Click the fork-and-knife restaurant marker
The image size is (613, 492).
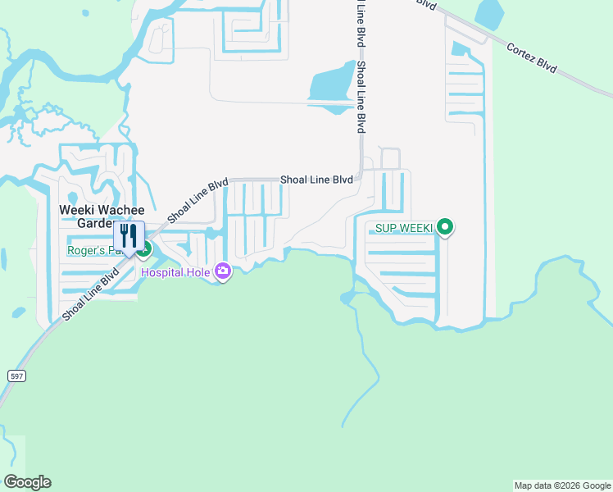[129, 236]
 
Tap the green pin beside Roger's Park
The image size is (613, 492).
[144, 247]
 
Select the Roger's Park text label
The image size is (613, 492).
[90, 251]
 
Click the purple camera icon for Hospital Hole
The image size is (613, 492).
[222, 271]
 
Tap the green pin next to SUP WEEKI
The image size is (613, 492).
[445, 227]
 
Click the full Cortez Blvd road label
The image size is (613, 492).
[532, 58]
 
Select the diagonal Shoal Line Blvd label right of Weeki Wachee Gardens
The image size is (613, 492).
[197, 202]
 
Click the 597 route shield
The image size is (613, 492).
[16, 375]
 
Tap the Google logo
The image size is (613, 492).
[27, 482]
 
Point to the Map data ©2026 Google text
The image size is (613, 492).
[562, 485]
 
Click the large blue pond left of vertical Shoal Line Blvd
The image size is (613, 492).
[331, 87]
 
